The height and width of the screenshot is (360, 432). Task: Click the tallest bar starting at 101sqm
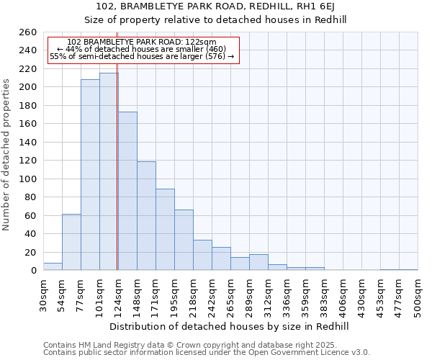pos(109,171)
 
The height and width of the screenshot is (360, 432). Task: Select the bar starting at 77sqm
pos(90,174)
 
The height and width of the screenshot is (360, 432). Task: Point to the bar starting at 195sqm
pos(184,240)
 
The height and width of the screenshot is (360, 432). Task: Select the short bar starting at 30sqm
pos(53,266)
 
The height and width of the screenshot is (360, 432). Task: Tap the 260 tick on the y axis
pos(28,32)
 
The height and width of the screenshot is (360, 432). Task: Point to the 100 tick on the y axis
pos(28,179)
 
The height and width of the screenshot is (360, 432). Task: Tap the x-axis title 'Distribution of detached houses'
pos(230,326)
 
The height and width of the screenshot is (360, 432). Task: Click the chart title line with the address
pos(215,7)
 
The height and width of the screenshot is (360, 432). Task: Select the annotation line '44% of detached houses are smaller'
pos(141,49)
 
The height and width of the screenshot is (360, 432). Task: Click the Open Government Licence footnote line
pos(207,352)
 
